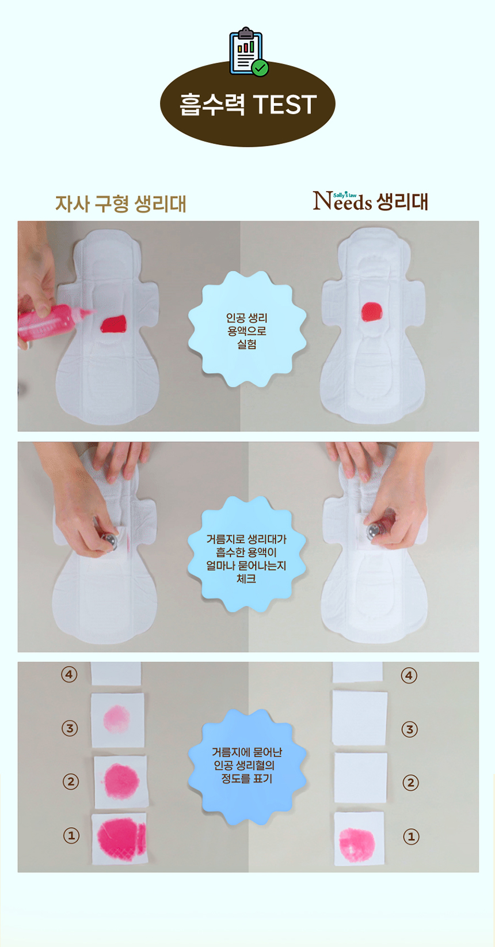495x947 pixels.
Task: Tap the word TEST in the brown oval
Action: click(285, 104)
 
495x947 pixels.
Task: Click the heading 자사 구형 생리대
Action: click(121, 204)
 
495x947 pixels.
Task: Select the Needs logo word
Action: click(342, 201)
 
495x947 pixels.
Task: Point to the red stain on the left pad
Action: click(113, 324)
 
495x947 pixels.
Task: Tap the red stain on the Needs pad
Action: click(372, 312)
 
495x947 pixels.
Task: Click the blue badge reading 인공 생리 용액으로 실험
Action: click(247, 329)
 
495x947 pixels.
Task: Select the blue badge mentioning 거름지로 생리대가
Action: click(247, 554)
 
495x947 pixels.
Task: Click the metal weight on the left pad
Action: click(109, 541)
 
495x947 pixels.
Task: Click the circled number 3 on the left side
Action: click(70, 728)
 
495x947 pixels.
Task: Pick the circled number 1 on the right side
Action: click(411, 836)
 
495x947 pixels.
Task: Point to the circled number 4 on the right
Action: click(409, 675)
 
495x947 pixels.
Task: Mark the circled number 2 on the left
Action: click(71, 781)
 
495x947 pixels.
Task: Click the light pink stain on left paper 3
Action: click(117, 719)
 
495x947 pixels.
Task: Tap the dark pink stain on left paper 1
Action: click(121, 835)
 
